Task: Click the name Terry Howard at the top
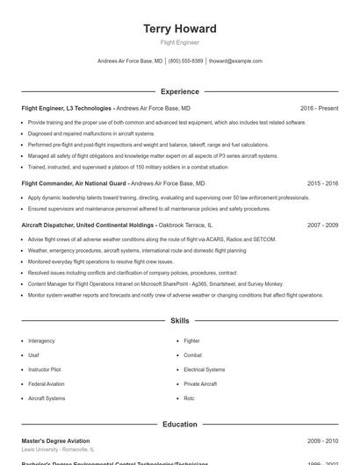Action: point(179,29)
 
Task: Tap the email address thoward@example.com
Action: point(235,61)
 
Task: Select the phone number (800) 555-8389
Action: point(185,61)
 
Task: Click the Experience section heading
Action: point(179,91)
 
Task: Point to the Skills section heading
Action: point(179,321)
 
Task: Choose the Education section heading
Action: point(179,425)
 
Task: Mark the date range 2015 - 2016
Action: point(322,183)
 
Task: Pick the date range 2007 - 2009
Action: point(322,225)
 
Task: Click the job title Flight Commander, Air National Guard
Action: point(74,183)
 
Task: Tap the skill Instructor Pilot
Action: point(45,369)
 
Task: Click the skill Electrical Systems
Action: point(204,369)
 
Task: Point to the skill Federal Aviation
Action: point(46,383)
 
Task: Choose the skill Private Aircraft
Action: point(200,383)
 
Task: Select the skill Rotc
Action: point(189,398)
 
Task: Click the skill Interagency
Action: point(41,340)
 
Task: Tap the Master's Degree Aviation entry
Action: point(55,440)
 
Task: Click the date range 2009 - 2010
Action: point(322,440)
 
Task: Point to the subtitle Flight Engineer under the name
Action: point(179,42)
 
